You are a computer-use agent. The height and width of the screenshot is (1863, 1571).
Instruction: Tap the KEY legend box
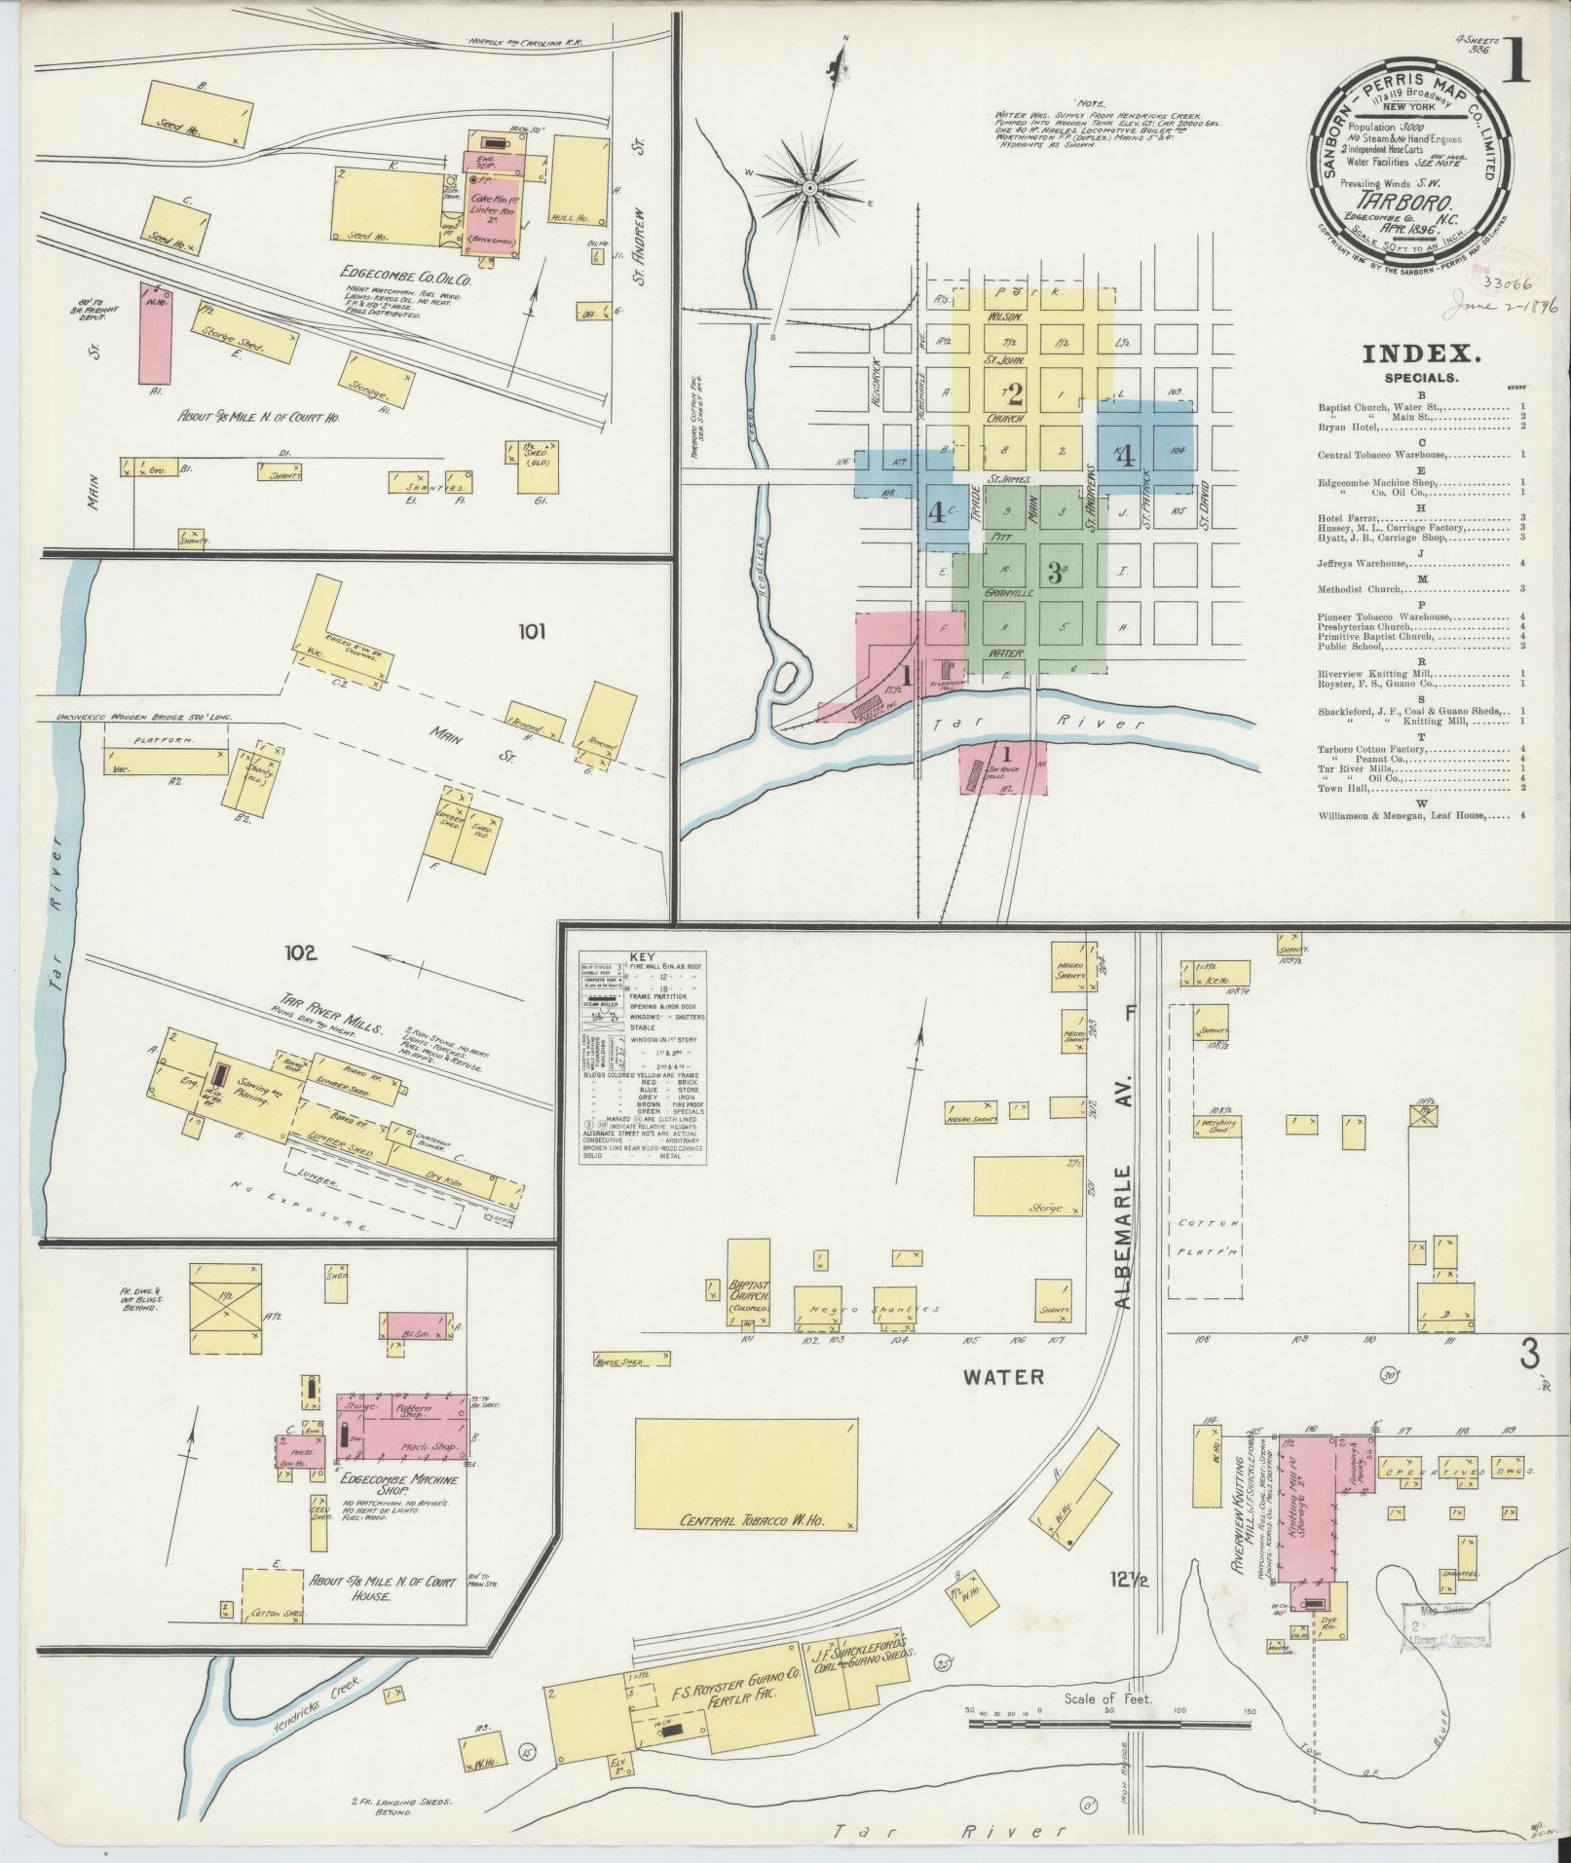coord(641,1057)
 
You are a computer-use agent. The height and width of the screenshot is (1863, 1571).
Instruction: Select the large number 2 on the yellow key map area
coord(1015,393)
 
